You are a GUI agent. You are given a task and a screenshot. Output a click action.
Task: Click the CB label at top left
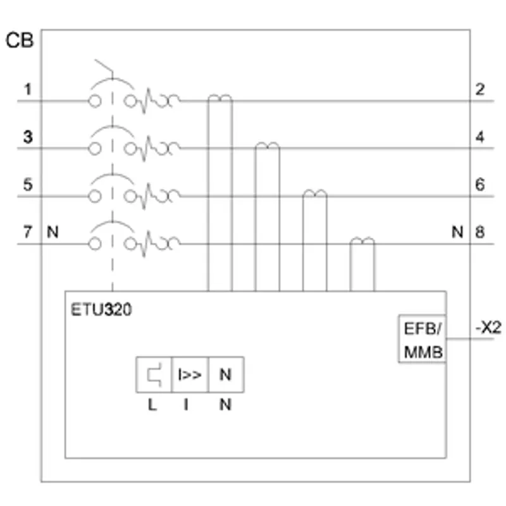click(x=20, y=40)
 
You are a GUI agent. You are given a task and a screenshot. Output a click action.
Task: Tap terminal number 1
click(x=28, y=89)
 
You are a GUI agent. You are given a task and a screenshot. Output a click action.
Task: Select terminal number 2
click(x=480, y=89)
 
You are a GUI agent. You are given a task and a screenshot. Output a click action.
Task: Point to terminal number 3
click(x=28, y=137)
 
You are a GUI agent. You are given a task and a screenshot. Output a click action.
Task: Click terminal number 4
click(x=480, y=137)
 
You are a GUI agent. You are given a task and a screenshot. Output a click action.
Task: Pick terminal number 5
click(x=28, y=185)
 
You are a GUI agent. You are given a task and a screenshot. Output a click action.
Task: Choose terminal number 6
click(x=480, y=185)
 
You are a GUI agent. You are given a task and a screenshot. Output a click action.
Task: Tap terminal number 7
click(x=28, y=232)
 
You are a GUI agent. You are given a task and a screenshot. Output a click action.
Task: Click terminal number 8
click(x=480, y=232)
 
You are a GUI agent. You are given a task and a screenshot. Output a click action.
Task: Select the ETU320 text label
click(x=101, y=310)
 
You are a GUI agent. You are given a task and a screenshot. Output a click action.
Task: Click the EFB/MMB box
click(x=423, y=339)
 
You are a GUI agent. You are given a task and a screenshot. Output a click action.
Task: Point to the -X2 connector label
click(x=488, y=328)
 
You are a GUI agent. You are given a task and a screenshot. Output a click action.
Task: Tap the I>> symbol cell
click(x=190, y=374)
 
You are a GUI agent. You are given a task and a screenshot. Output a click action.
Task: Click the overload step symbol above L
click(x=154, y=374)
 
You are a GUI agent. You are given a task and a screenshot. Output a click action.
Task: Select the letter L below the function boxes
click(x=152, y=404)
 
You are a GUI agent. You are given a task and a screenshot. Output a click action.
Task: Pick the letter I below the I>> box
click(x=186, y=404)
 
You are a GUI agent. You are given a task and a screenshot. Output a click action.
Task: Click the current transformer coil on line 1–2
click(x=220, y=97)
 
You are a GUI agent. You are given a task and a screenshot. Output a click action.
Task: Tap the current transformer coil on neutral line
click(x=362, y=240)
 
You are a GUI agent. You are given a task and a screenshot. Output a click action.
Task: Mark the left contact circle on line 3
click(x=94, y=149)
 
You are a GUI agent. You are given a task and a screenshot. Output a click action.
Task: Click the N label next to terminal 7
click(x=53, y=232)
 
